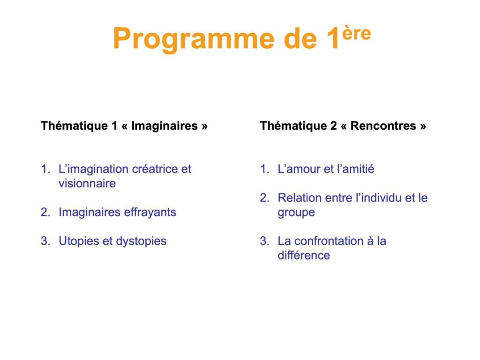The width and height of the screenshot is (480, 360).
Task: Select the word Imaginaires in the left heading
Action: (x=165, y=126)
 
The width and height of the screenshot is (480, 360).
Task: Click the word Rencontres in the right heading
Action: (x=383, y=126)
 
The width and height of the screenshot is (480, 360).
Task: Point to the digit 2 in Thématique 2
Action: (x=333, y=126)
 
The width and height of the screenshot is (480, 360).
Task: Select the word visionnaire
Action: (x=87, y=183)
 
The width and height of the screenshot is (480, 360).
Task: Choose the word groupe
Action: (x=296, y=212)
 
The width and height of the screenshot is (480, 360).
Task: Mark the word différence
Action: (x=304, y=255)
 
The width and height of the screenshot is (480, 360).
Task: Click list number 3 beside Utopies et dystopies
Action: (x=45, y=241)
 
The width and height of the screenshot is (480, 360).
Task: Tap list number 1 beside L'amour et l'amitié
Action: (x=264, y=169)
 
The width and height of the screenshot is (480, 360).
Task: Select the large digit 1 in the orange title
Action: (x=332, y=38)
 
